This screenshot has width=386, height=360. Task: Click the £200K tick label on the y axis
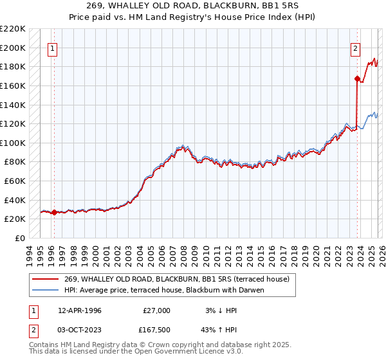pyautogui.click(x=13, y=48)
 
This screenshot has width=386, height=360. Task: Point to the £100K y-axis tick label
pyautogui.click(x=13, y=143)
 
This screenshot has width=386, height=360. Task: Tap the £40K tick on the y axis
pyautogui.click(x=15, y=200)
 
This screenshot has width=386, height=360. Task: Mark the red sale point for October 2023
pyautogui.click(x=356, y=78)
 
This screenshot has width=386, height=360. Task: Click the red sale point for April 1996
pyautogui.click(x=54, y=212)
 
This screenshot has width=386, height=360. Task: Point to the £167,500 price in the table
pyautogui.click(x=157, y=329)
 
